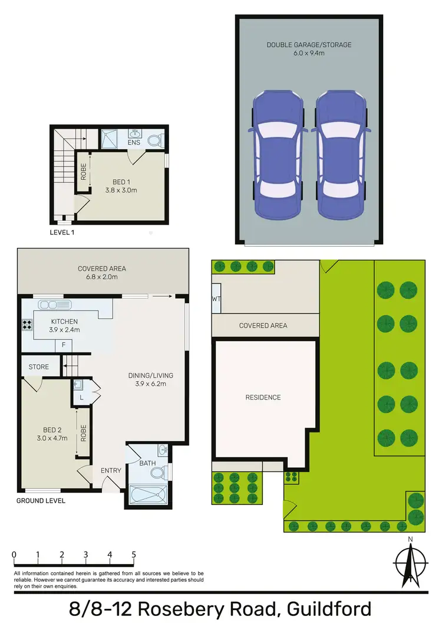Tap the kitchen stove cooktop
click(27, 323)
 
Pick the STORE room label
click(39, 367)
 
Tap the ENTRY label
click(111, 470)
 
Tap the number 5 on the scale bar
click(134, 555)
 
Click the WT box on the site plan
click(216, 299)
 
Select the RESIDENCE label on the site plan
click(263, 397)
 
